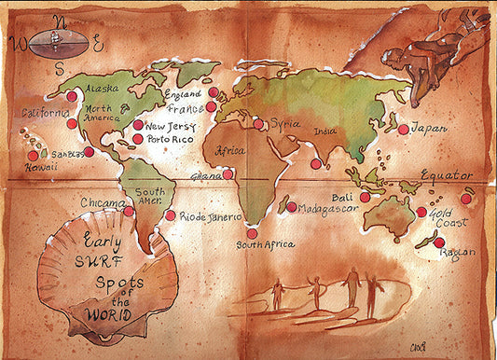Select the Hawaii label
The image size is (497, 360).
pyautogui.click(x=40, y=167)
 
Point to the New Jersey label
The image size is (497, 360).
pyautogui.click(x=169, y=125)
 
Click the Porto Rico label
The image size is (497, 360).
pyautogui.click(x=169, y=139)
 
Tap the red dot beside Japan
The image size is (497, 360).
pyautogui.click(x=403, y=130)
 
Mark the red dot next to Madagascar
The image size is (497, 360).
pyautogui.click(x=292, y=207)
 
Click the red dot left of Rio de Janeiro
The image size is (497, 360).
pyautogui.click(x=170, y=215)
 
